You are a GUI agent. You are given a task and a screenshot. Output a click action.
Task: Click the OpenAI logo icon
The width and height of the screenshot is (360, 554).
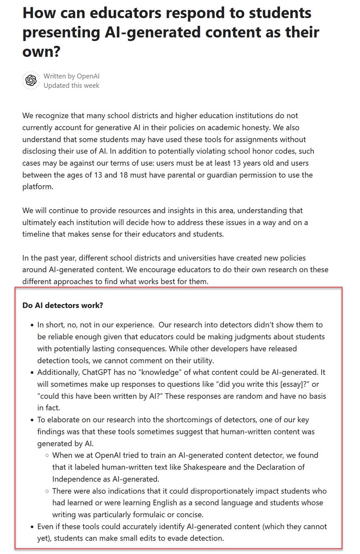coord(31,80)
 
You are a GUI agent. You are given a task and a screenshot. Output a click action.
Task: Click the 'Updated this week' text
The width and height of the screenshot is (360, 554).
coord(72,85)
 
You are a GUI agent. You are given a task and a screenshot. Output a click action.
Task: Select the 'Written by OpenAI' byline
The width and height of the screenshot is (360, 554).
coord(72,76)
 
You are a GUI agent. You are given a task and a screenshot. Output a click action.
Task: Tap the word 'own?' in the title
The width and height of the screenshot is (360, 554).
coord(42,51)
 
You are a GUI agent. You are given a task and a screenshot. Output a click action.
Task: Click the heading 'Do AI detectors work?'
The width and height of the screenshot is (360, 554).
coord(62,305)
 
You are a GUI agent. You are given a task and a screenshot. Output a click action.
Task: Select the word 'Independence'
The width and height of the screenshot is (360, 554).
coord(75,478)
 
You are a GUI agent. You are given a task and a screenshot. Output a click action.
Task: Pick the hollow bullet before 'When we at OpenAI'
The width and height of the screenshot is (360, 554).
coord(47,455)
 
